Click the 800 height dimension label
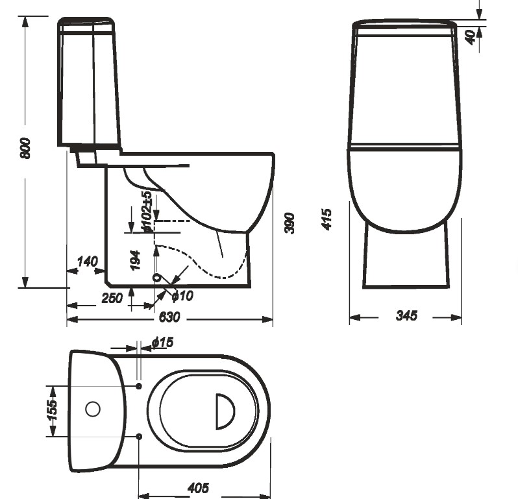(25, 150)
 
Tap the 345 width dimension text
(406, 316)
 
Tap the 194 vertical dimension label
(135, 260)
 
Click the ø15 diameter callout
(162, 342)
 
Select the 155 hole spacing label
(53, 411)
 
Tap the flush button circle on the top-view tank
(93, 409)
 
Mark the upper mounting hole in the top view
(139, 386)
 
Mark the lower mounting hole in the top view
(139, 436)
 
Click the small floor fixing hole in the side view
(155, 278)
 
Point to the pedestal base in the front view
(406, 256)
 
